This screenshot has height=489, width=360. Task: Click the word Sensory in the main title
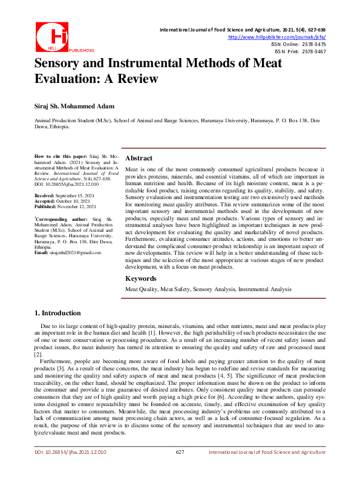pos(62,64)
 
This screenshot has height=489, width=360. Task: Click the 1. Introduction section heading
pos(57,313)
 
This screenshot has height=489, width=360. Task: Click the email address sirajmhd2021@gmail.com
pos(75,269)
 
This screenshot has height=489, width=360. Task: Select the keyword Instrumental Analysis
pos(264,290)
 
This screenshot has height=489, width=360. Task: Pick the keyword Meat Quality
pos(142,290)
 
